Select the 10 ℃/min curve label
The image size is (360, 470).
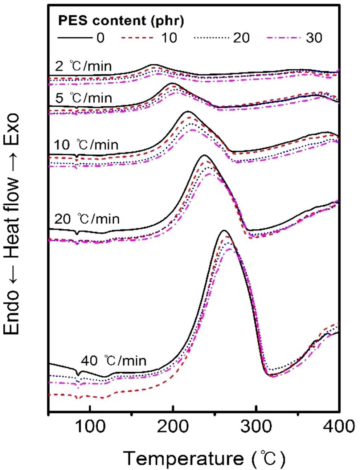click(x=86, y=145)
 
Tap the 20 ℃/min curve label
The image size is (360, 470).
click(x=87, y=219)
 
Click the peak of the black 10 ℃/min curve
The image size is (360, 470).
click(x=187, y=112)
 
